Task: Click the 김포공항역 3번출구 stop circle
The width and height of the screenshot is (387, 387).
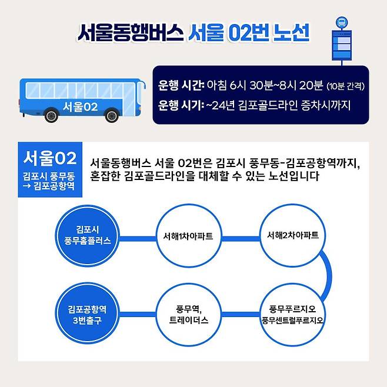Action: (x=87, y=313)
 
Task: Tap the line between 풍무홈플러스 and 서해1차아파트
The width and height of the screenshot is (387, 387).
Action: (x=137, y=239)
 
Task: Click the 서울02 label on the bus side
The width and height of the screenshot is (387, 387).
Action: (x=80, y=106)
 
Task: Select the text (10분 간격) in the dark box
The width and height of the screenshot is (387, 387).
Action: (x=346, y=86)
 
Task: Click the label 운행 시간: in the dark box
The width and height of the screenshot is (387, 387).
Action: (x=181, y=86)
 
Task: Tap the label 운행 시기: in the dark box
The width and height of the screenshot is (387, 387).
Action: (x=181, y=106)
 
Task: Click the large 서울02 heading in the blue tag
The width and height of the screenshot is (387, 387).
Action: (x=50, y=158)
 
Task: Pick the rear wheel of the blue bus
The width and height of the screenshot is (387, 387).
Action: (x=51, y=116)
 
